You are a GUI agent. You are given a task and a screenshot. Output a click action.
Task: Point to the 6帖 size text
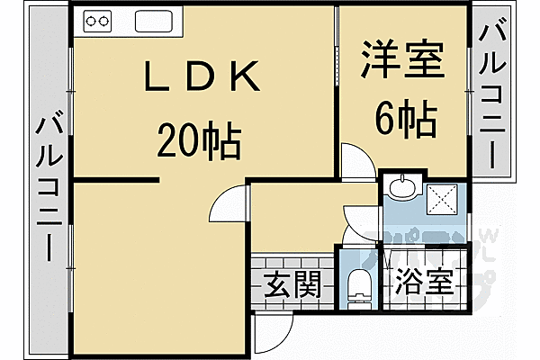coord(405,118)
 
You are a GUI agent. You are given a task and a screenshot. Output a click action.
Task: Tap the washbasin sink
coord(402,188)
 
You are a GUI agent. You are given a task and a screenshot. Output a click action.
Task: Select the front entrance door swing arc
coord(272,335)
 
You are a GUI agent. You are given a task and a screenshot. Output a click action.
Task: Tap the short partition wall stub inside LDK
coord(117,181)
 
